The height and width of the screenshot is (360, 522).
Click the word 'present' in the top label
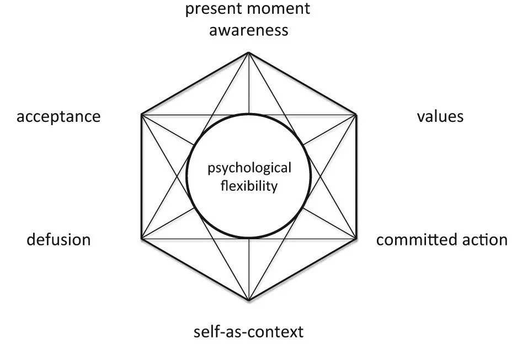(x=214, y=9)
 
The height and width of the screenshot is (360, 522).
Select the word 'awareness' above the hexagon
(x=249, y=30)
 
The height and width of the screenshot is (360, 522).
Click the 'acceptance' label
(x=58, y=117)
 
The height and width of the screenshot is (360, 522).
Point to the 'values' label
(x=440, y=116)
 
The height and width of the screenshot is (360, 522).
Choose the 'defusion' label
(x=58, y=240)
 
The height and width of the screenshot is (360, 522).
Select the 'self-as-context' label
(x=249, y=332)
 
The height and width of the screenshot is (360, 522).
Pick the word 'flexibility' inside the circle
(x=249, y=186)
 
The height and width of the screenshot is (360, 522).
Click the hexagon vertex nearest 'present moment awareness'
(x=248, y=52)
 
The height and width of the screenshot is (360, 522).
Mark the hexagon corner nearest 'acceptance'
(x=141, y=115)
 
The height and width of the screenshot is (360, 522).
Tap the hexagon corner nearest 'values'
(x=356, y=115)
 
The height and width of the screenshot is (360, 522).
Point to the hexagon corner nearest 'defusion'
(x=141, y=239)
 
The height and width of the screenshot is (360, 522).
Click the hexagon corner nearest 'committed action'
(x=356, y=239)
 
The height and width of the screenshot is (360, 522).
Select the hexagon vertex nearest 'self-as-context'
(x=249, y=300)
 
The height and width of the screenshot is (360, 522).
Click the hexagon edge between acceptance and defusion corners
(x=141, y=176)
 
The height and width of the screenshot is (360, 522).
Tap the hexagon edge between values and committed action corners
(x=356, y=176)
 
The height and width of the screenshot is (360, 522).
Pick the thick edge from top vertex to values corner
(x=302, y=83)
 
